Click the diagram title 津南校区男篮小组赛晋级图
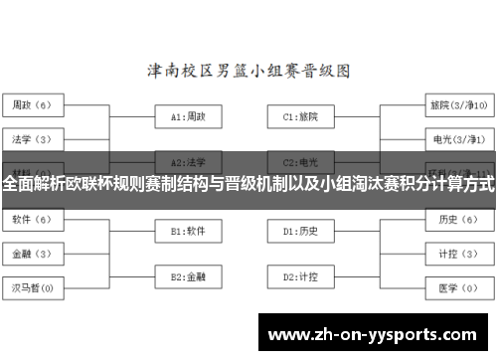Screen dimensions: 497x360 pyautogui.click(x=248, y=72)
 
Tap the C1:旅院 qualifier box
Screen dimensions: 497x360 pyautogui.click(x=300, y=116)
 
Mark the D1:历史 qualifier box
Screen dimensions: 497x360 pyautogui.click(x=300, y=231)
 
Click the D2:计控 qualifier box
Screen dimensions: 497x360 pyautogui.click(x=300, y=275)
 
